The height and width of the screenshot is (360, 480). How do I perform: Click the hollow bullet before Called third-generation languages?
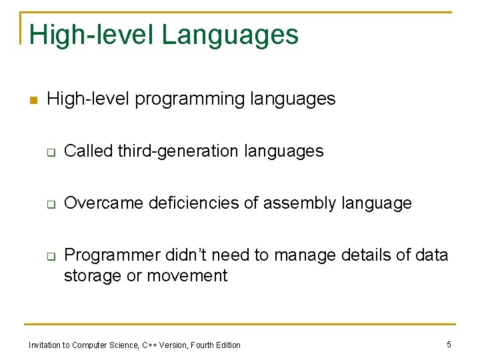tap(50, 153)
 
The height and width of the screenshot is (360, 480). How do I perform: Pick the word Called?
tap(88, 151)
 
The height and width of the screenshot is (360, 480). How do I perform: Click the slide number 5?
tap(449, 344)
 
